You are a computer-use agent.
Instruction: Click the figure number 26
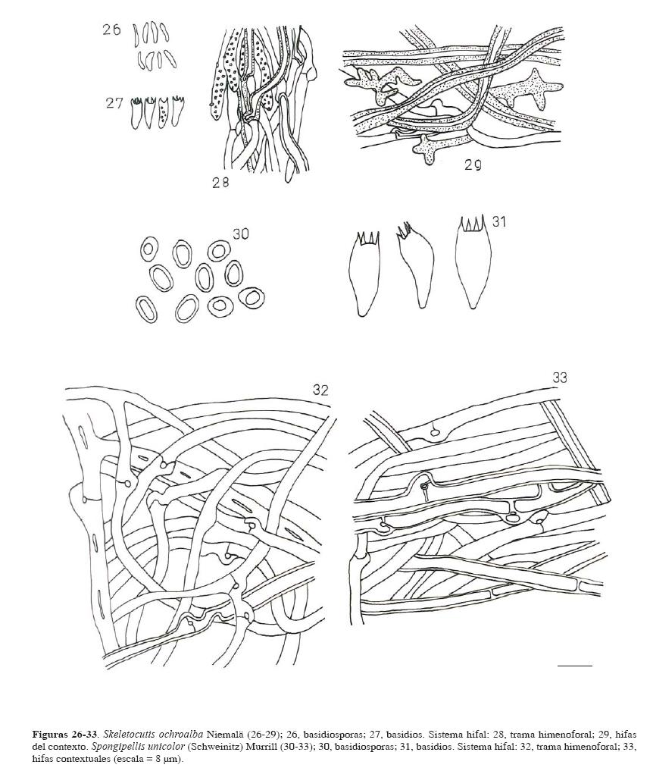[x=111, y=30]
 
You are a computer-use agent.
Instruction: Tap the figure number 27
[x=114, y=103]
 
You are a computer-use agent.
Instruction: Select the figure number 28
[x=220, y=183]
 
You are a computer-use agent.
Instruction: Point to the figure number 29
[x=473, y=165]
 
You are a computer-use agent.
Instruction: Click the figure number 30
[x=241, y=233]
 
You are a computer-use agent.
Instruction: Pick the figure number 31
[x=498, y=222]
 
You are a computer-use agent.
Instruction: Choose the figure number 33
[x=559, y=378]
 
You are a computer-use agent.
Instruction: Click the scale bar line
[x=575, y=666]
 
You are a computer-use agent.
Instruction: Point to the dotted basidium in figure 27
[x=163, y=113]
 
